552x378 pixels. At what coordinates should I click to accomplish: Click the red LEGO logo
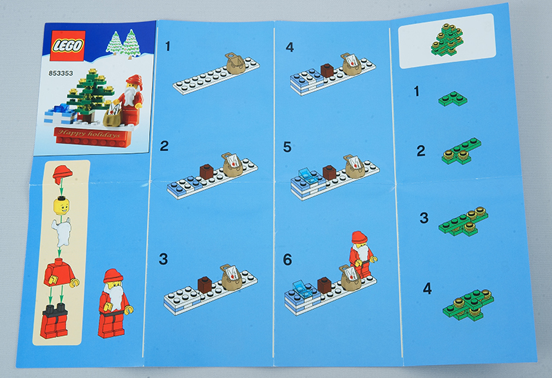[x=68, y=46]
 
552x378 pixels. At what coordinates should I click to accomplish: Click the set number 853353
[x=61, y=73]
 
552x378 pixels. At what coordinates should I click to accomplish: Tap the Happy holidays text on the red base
[x=89, y=134]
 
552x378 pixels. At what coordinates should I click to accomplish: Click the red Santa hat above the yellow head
[x=62, y=175]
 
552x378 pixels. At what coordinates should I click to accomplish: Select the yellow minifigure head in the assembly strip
[x=61, y=206]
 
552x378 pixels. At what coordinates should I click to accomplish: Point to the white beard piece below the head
[x=61, y=232]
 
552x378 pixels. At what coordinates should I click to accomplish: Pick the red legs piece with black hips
[x=55, y=320]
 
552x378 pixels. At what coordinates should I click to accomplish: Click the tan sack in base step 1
[x=235, y=63]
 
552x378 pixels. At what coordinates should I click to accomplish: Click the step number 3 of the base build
[x=163, y=259]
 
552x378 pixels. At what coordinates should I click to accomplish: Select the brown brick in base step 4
[x=327, y=70]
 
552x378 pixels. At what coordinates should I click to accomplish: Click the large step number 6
[x=287, y=259]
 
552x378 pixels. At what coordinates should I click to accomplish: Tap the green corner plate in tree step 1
[x=453, y=99]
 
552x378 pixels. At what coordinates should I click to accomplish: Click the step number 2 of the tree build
[x=421, y=151]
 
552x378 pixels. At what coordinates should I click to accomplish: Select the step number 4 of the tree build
[x=427, y=288]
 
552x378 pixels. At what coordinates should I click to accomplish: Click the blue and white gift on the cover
[x=61, y=115]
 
